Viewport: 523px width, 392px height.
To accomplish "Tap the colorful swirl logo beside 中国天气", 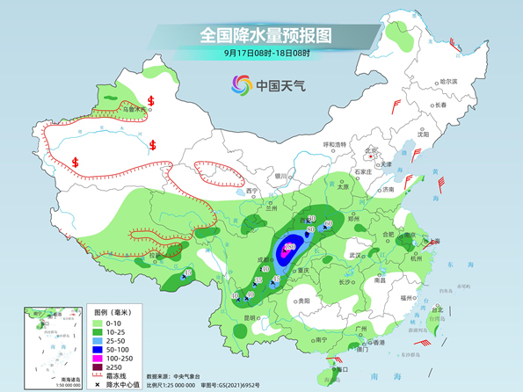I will tap(241, 84).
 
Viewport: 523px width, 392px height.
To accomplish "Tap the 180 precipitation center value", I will tap(288, 247).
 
